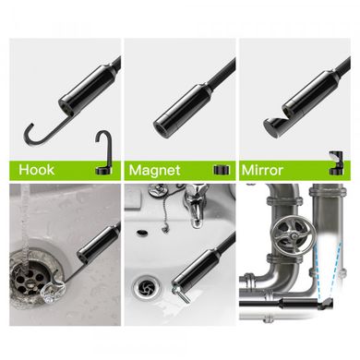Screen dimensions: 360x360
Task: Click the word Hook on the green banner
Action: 36,170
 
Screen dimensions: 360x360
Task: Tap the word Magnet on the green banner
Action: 154,170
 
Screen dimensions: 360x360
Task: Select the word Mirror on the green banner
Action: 262,170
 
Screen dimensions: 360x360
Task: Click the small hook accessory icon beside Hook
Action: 103,153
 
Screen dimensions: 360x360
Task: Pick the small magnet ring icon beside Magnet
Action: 222,170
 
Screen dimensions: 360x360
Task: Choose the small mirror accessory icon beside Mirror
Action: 336,163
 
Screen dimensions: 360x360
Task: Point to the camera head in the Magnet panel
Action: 182,109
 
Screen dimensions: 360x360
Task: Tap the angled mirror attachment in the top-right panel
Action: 274,126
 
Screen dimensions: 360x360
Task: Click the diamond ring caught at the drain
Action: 53,292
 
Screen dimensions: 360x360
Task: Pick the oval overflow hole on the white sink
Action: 141,232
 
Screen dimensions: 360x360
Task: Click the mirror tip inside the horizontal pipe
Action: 327,305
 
